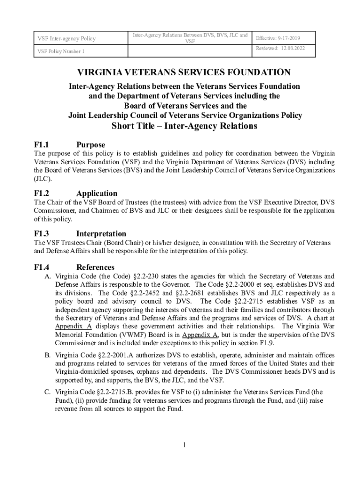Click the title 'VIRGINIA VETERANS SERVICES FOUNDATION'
coord(184,73)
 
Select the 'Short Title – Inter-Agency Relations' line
coord(184,126)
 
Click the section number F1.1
coord(42,145)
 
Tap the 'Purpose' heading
coord(91,145)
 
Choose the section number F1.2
coord(42,193)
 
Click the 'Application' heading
coord(97,193)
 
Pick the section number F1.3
coord(42,233)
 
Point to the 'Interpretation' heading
coord(101,233)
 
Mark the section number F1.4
coord(42,267)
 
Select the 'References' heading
coord(95,267)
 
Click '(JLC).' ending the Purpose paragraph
coord(43,179)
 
